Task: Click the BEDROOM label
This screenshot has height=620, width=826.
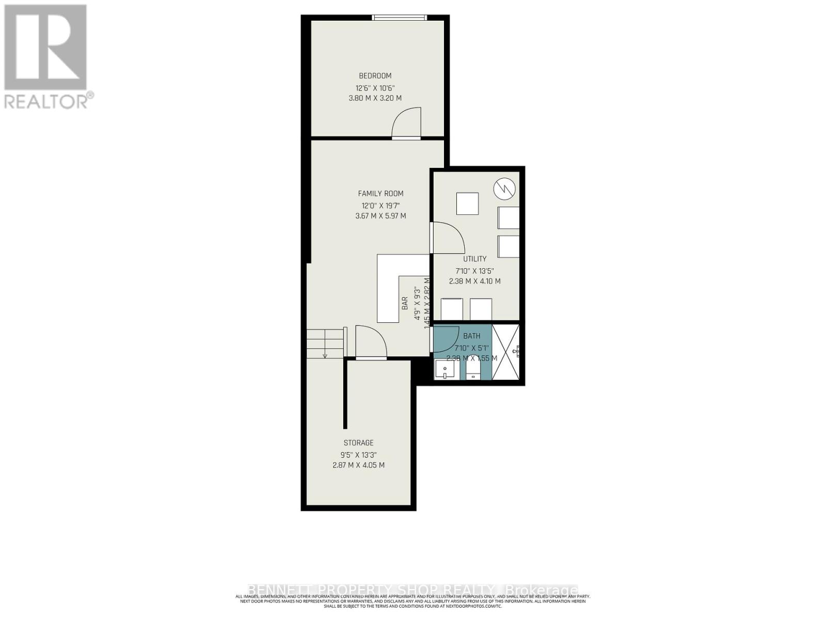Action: click(x=375, y=76)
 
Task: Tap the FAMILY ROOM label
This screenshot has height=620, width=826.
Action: click(x=380, y=194)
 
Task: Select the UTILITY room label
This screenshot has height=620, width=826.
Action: click(x=474, y=259)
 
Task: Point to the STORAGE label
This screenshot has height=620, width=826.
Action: click(x=358, y=443)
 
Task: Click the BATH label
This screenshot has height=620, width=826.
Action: click(x=471, y=336)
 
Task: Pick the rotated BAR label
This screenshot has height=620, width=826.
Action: click(x=405, y=303)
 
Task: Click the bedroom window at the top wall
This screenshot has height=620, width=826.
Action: click(x=400, y=18)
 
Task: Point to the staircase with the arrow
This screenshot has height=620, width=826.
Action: click(x=325, y=343)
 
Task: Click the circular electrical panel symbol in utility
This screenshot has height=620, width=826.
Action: click(x=504, y=189)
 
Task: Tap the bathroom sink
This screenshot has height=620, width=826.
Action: click(x=444, y=370)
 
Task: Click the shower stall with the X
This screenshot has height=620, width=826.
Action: click(x=506, y=352)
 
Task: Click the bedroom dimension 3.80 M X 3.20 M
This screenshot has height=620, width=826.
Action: click(x=375, y=98)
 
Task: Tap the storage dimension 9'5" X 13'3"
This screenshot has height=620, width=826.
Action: click(x=358, y=455)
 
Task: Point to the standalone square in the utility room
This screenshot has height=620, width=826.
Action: click(x=467, y=204)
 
